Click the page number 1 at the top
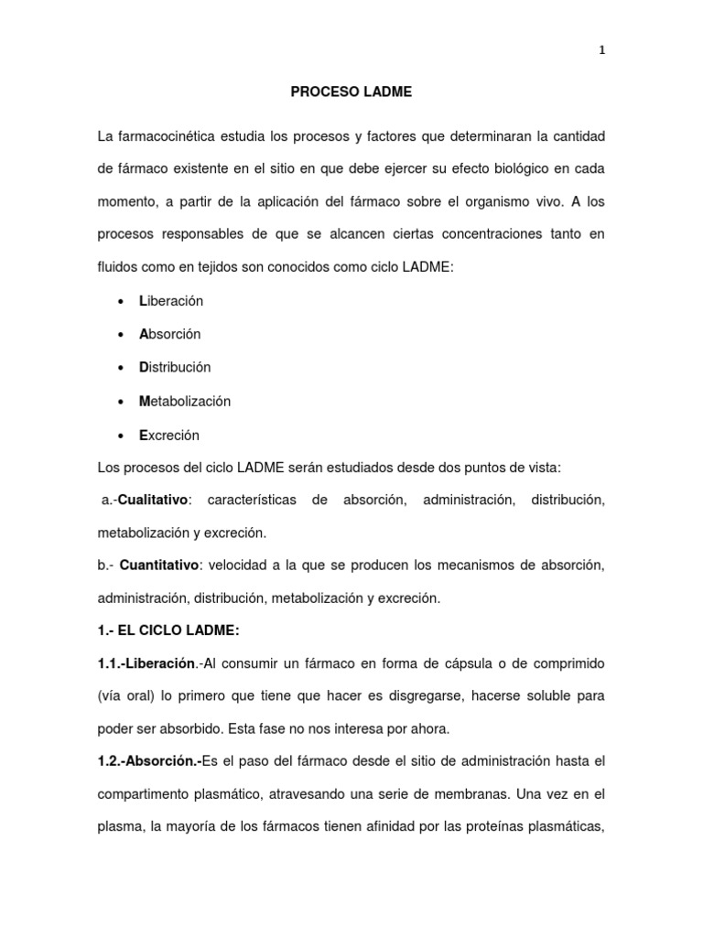(601, 51)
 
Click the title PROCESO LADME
(351, 92)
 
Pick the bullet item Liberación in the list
(171, 300)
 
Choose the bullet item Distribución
(175, 367)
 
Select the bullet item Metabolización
(185, 401)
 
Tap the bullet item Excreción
(169, 435)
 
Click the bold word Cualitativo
(153, 500)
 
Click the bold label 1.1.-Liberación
(146, 662)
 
